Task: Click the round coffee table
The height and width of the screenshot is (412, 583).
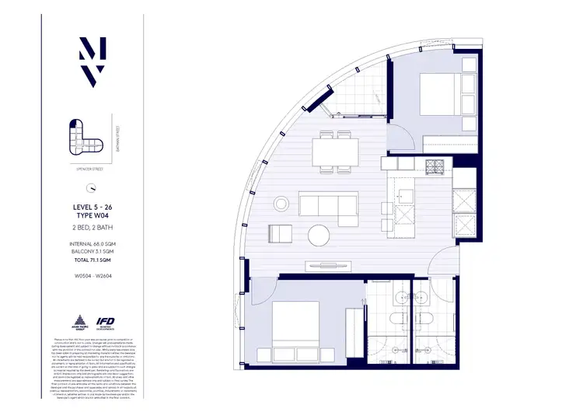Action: pyautogui.click(x=319, y=234)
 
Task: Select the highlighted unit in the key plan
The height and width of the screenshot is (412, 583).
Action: pyautogui.click(x=75, y=127)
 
